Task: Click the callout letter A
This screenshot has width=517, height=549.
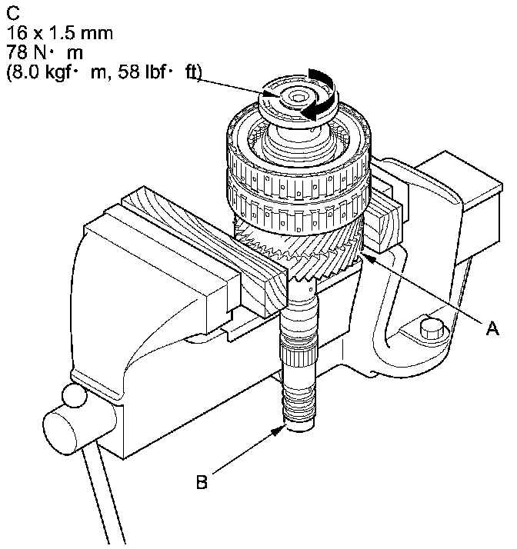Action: [492, 328]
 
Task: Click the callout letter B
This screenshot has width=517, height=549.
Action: [202, 482]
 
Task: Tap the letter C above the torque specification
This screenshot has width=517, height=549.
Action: [13, 13]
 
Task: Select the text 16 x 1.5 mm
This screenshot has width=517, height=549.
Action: [60, 33]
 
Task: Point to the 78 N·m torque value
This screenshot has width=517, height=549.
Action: [45, 52]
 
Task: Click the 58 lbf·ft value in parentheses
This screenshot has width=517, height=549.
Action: [160, 72]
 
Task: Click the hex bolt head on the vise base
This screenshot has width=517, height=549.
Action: [431, 328]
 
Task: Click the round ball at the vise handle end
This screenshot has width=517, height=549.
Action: [75, 395]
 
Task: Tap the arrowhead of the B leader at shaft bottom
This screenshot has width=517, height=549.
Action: [279, 430]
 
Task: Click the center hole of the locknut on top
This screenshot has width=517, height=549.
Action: [298, 98]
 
